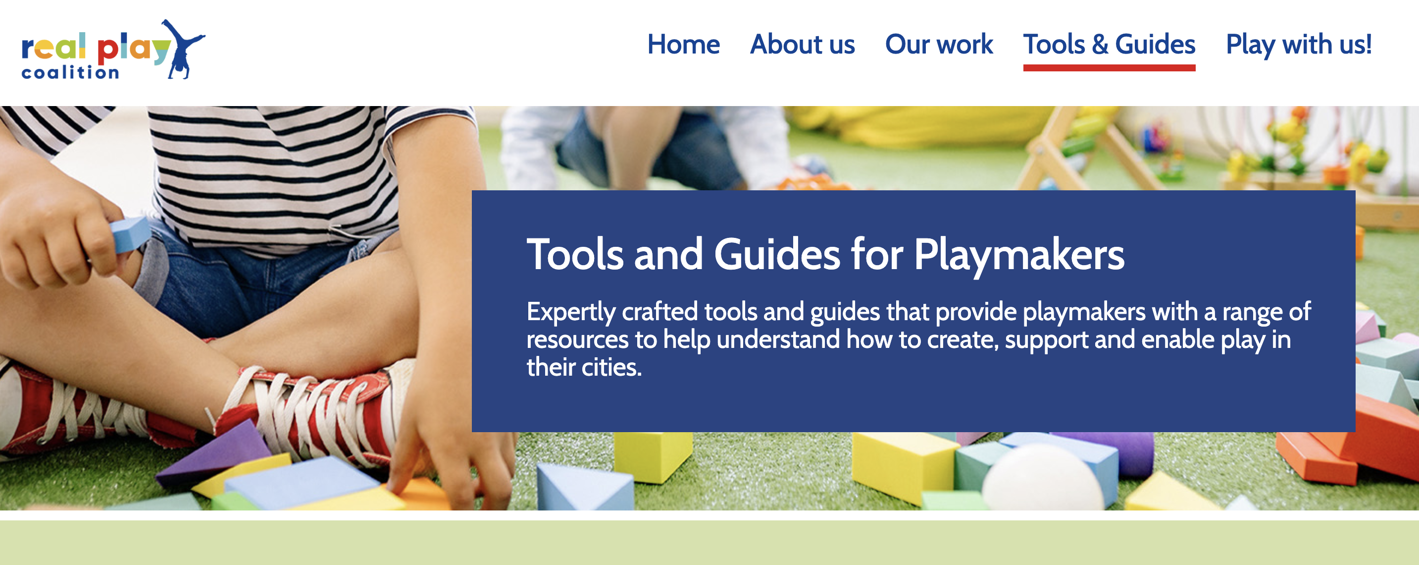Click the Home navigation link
[683, 44]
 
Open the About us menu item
[802, 44]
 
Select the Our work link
[939, 44]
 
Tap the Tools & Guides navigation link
[1109, 44]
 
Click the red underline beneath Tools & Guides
[1109, 68]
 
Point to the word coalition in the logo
[70, 72]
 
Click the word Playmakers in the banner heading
[1019, 255]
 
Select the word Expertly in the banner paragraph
[571, 313]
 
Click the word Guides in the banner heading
[777, 254]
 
